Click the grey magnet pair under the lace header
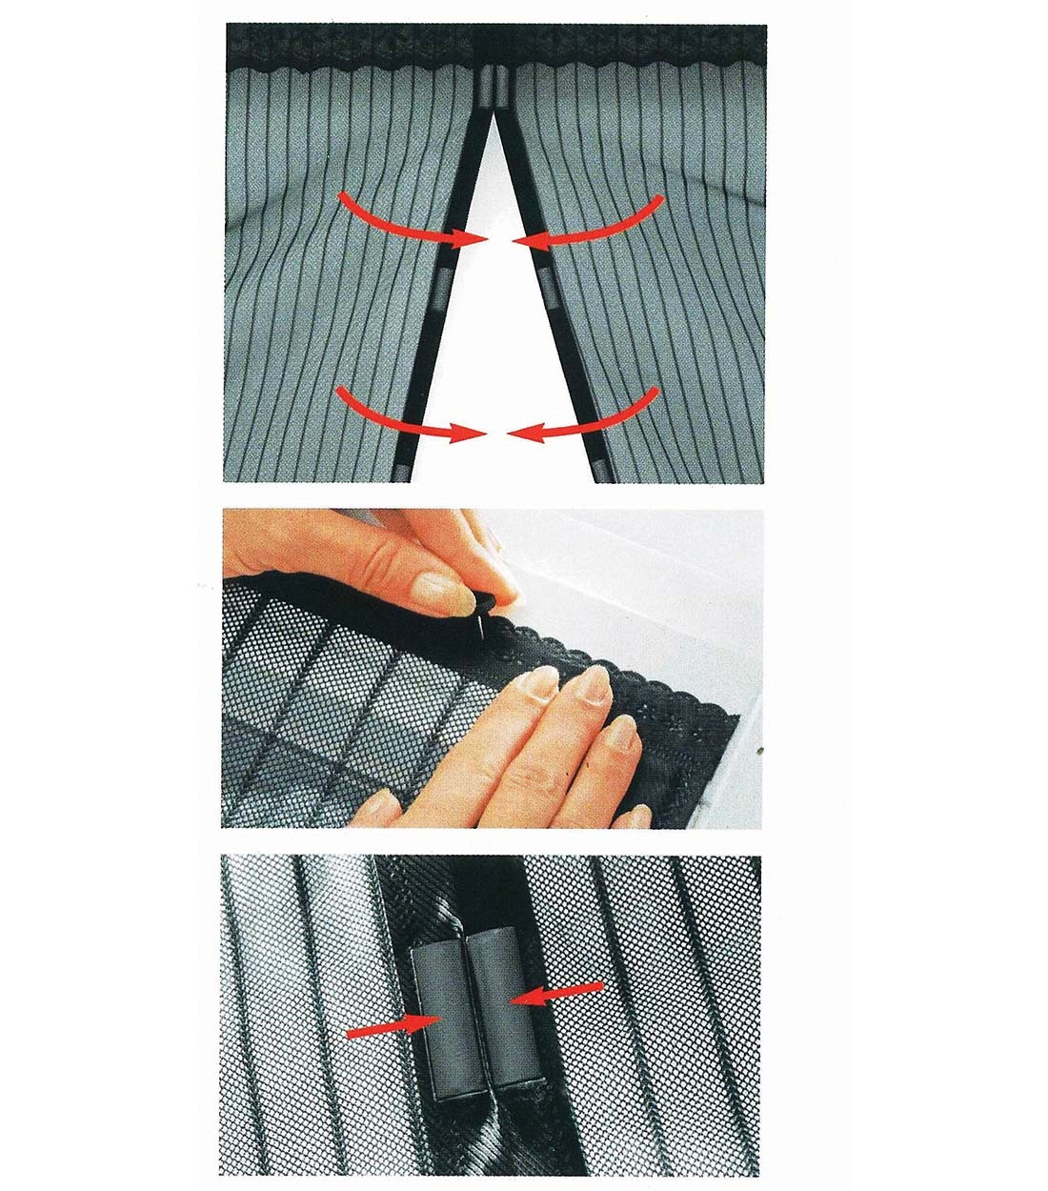coord(494,87)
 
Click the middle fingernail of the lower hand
coord(594,686)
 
